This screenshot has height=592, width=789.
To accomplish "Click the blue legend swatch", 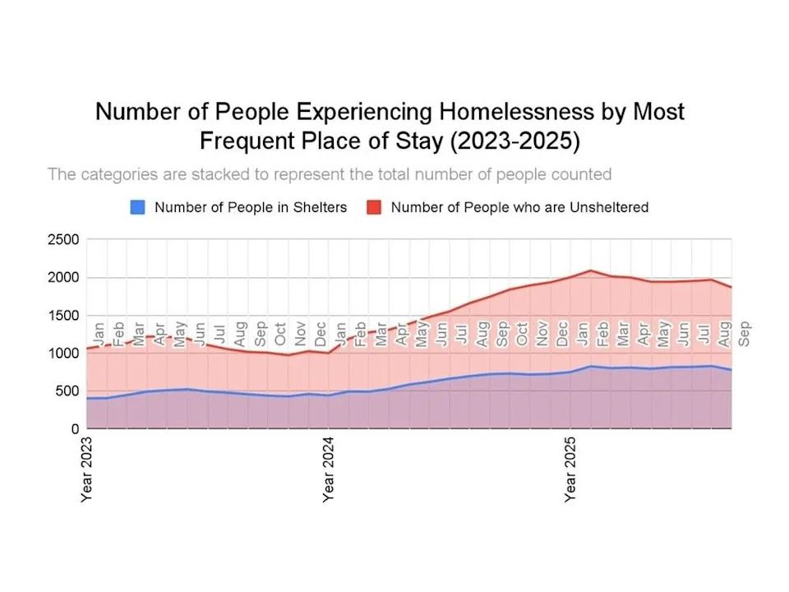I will [137, 207].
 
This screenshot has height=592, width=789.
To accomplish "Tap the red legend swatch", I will [374, 207].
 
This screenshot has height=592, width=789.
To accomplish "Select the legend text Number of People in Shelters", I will [251, 207].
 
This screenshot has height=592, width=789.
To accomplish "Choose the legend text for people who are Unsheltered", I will [519, 207].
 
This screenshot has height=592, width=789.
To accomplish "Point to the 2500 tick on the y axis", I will [62, 240].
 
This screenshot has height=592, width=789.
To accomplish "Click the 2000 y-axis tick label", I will [62, 278].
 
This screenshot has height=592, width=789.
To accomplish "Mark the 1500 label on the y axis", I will [62, 316].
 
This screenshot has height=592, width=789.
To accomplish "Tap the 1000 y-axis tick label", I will [62, 354].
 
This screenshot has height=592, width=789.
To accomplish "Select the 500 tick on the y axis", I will [66, 391].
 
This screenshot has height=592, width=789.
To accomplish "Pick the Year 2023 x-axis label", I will [86, 469].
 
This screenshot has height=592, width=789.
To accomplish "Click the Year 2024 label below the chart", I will [328, 469].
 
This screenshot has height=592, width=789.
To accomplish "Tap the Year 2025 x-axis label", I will [570, 469].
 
